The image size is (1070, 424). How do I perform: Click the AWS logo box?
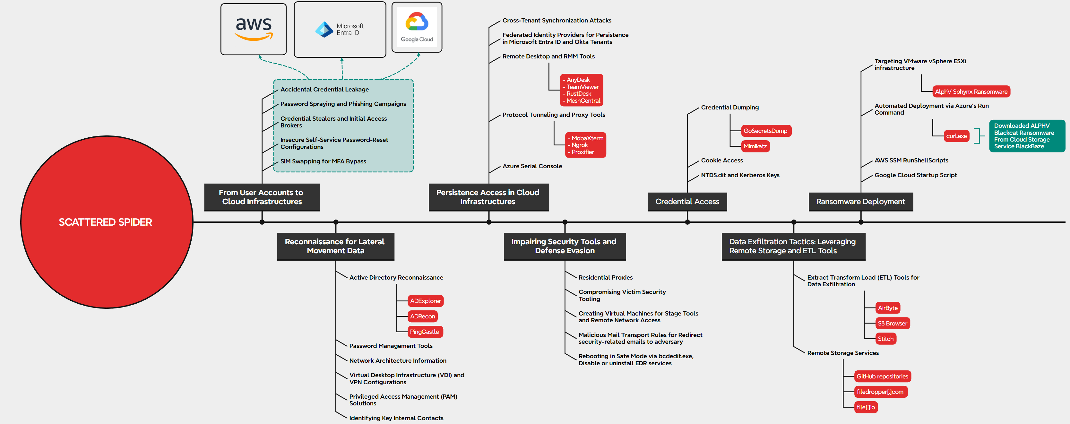tap(253, 29)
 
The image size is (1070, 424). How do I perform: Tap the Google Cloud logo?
tap(417, 27)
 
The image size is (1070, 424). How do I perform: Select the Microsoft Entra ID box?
tap(340, 30)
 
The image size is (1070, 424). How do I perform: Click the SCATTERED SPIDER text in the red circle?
tap(106, 222)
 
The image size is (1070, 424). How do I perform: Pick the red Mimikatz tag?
tap(755, 146)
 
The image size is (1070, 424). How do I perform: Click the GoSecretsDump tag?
tap(765, 131)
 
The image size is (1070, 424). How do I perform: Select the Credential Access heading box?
tap(687, 202)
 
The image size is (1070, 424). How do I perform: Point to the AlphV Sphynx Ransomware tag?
tap(971, 92)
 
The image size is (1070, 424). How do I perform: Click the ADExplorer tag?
tap(425, 301)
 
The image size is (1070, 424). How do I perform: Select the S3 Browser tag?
tap(892, 324)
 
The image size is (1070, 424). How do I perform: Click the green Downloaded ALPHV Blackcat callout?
tap(1026, 136)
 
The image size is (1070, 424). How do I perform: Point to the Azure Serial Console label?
tap(532, 166)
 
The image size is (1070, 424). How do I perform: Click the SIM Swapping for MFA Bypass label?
tap(323, 161)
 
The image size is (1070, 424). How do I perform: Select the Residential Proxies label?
tap(605, 277)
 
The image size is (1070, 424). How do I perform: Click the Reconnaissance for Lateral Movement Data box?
tap(335, 246)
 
